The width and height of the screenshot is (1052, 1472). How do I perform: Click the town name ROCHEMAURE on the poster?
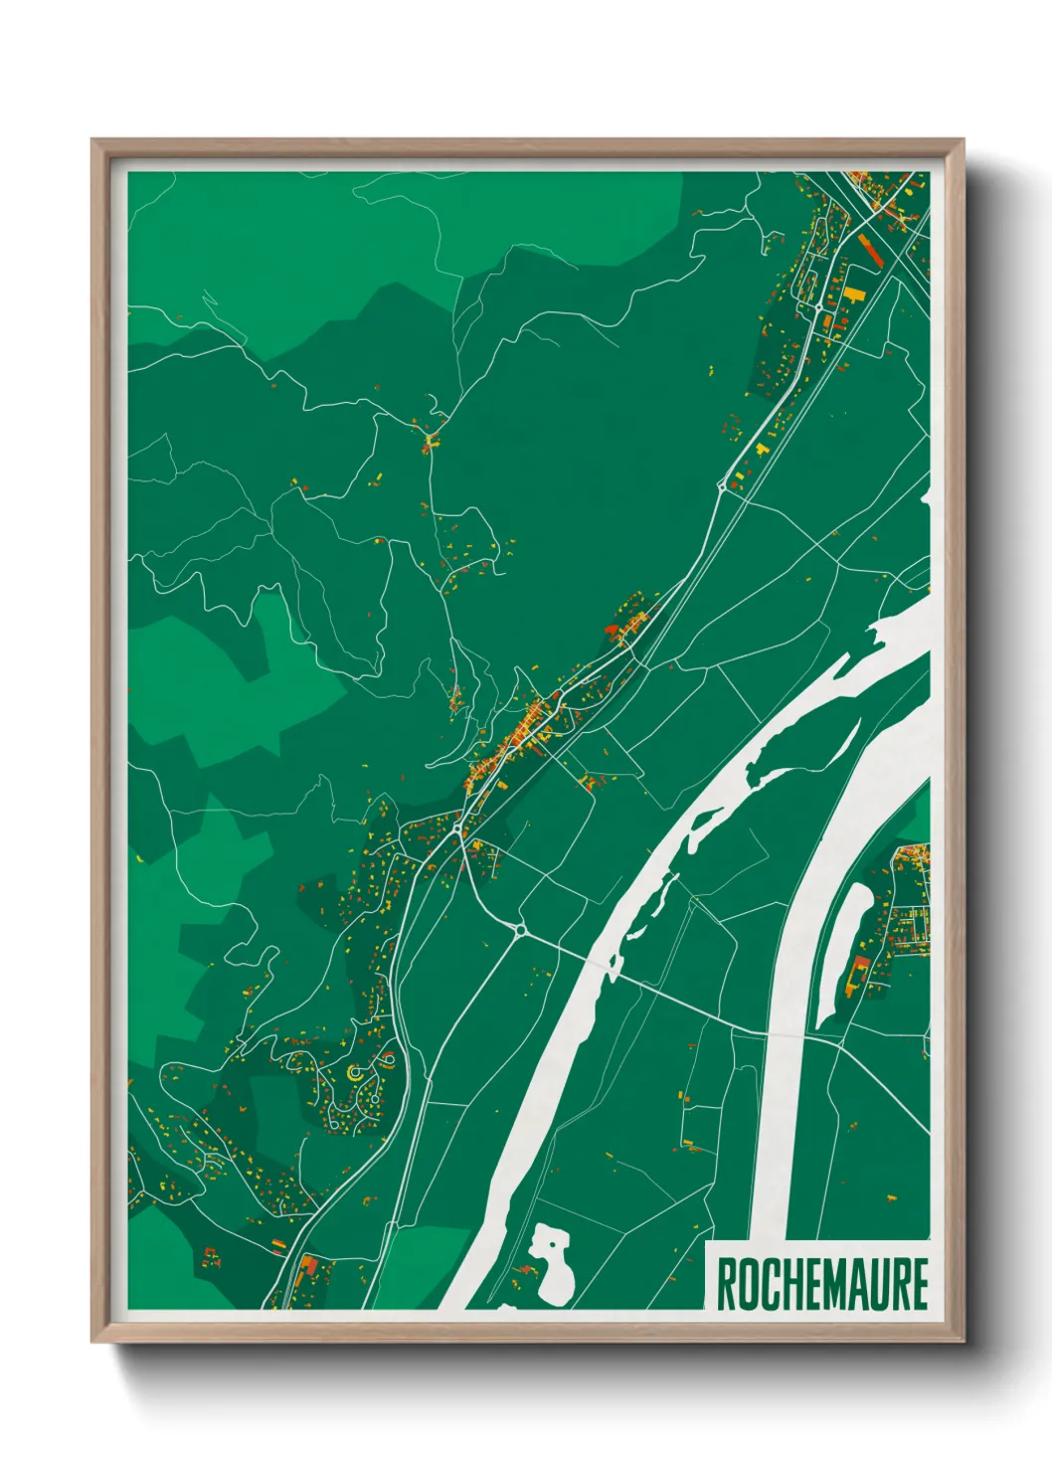[821, 1284]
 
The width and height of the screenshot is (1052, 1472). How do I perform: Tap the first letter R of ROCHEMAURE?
[727, 1284]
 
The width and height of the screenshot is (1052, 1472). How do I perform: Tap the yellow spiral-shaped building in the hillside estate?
[356, 1073]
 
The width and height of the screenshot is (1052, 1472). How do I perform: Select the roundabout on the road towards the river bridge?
[519, 930]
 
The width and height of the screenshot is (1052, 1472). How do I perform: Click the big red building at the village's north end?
[612, 629]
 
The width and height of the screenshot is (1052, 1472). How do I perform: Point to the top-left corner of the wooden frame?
[93, 141]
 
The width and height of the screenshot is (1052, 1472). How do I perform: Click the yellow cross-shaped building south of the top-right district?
[764, 450]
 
